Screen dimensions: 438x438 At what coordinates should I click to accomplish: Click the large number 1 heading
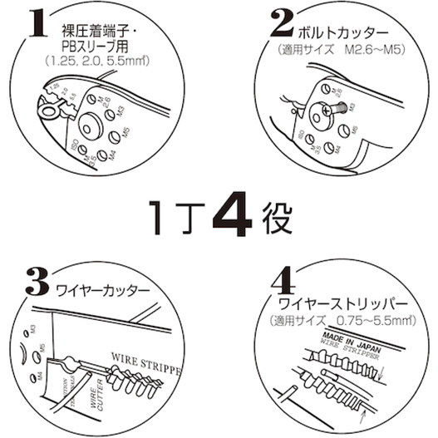(x=36, y=25)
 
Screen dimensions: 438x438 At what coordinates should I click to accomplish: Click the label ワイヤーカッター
(x=101, y=292)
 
